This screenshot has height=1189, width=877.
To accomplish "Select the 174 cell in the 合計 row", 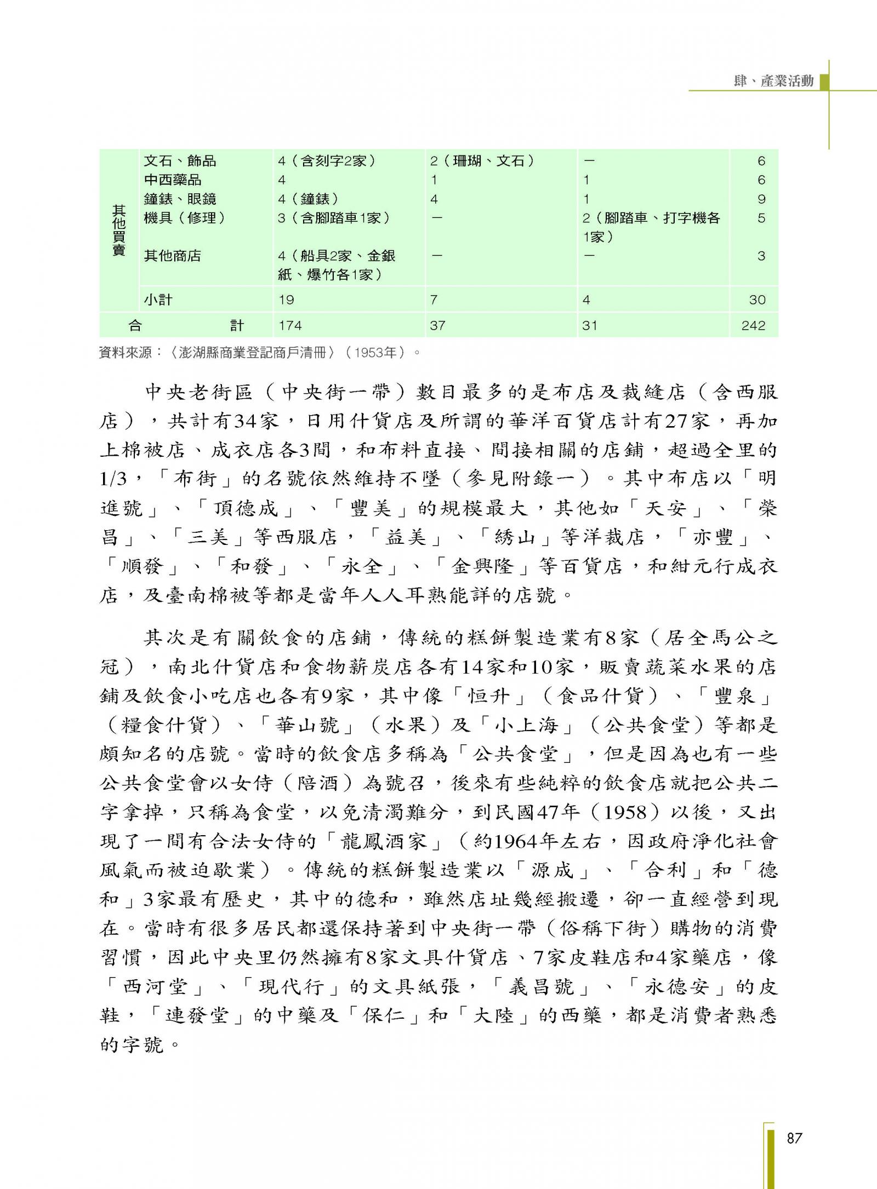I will (x=290, y=326).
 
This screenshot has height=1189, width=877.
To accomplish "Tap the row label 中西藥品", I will (x=173, y=180).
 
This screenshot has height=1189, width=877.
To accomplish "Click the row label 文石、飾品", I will (x=180, y=160).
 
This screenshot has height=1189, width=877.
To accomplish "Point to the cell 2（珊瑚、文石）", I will (x=483, y=160).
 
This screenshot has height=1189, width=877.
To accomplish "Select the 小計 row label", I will (x=158, y=300).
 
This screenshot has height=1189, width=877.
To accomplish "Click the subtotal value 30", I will (x=757, y=300).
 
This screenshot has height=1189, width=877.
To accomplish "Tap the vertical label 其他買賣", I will (x=119, y=230).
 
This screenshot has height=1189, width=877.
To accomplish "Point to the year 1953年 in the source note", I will (x=375, y=353).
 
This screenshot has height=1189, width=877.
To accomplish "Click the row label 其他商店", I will (x=173, y=256).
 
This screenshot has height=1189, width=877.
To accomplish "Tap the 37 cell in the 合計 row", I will (x=437, y=326).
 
